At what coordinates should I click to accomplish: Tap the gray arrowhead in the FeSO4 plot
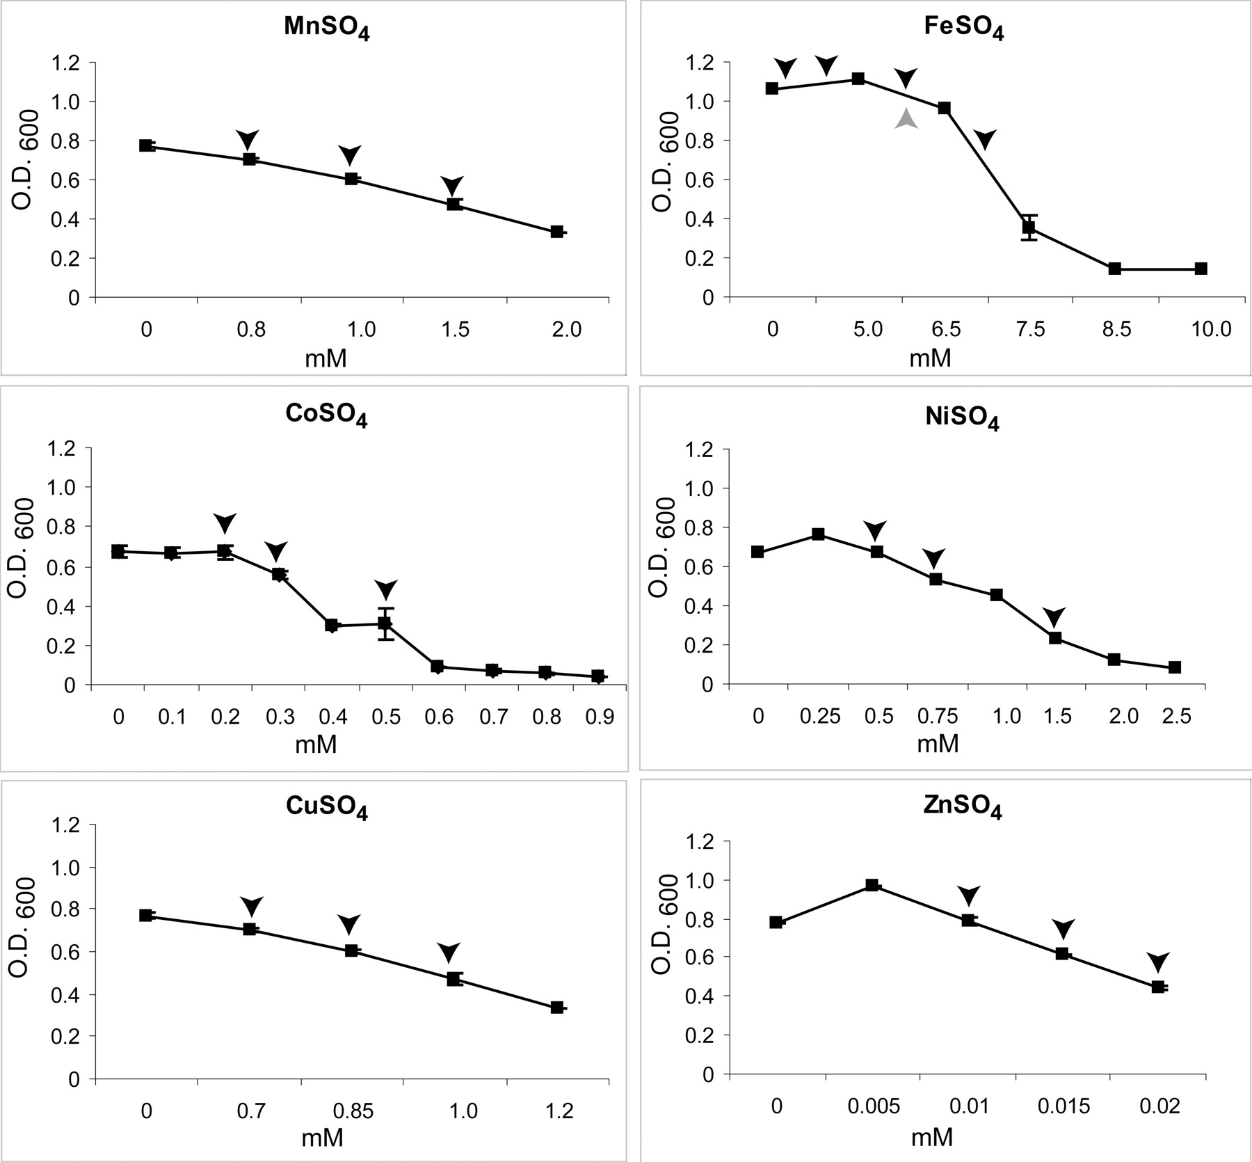(906, 119)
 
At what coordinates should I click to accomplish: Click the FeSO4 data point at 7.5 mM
(1029, 228)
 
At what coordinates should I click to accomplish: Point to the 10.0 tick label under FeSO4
(1211, 329)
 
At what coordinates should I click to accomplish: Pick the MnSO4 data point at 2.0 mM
(556, 232)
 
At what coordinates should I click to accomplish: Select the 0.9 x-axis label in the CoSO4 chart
(600, 717)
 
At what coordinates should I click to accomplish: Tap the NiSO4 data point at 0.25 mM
(819, 534)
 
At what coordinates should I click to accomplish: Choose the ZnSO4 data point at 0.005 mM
(872, 885)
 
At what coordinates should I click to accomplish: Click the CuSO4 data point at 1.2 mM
(556, 1008)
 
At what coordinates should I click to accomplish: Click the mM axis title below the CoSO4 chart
(316, 745)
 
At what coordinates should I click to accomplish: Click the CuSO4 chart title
(326, 807)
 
